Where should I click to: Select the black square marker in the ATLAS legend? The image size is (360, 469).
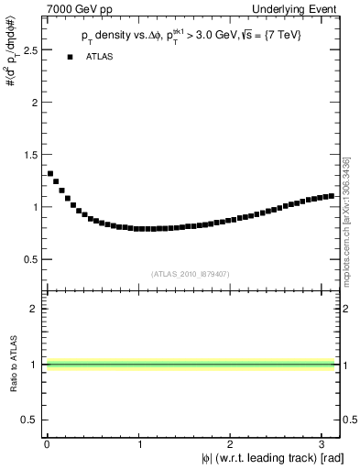pos(70,57)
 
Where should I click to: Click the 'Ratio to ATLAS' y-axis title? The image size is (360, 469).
pos(13,364)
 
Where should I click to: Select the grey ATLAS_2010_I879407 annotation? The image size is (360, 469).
pos(189,273)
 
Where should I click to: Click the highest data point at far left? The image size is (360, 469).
pos(50,173)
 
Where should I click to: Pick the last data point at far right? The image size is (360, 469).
pos(331,196)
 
